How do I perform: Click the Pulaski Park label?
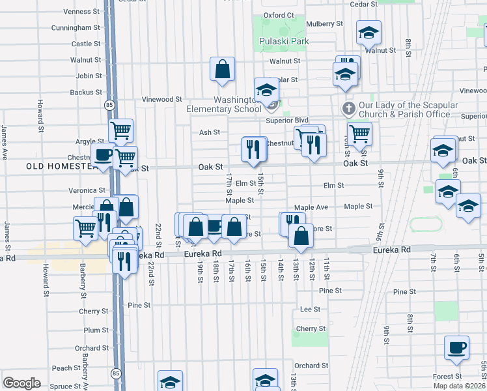pos(283,41)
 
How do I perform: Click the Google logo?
pos(21,383)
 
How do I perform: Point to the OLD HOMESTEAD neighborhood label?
pos(62,167)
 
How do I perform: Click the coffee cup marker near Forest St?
pos(456,347)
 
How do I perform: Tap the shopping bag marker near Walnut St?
pos(222,69)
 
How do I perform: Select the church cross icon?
pos(348,108)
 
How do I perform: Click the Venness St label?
pos(82,11)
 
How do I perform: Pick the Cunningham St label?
pos(77,28)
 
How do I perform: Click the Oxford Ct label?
pos(279,14)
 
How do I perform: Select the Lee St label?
pos(310,309)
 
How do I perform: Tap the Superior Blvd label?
pos(286,120)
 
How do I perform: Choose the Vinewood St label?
pos(163,99)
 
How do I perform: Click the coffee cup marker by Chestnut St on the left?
pos(103,156)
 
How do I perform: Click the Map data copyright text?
pos(458,386)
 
